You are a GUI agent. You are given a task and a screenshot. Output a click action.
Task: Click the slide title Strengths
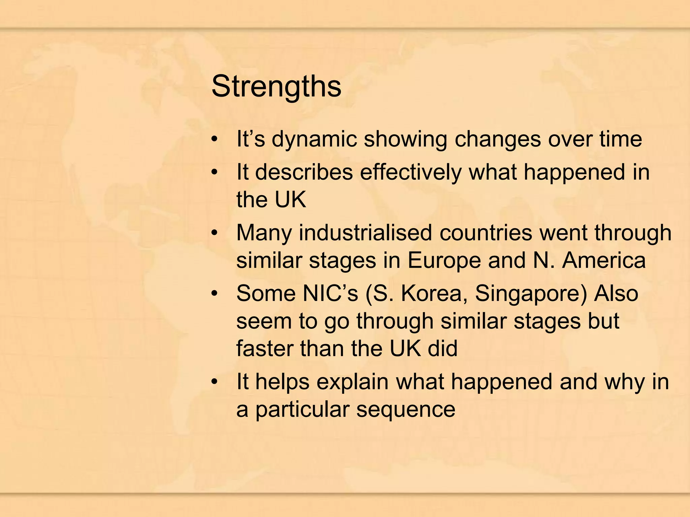pos(276,87)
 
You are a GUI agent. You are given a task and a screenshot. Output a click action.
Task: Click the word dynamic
pos(314,139)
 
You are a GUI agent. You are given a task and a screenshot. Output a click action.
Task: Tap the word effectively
pos(411,172)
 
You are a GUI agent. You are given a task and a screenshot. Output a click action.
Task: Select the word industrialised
pos(365,233)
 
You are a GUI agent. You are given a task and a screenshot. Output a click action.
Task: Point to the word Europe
pos(444,260)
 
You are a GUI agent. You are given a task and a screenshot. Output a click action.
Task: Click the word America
pos(604,260)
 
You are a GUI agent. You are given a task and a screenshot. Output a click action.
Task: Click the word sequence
pos(406,410)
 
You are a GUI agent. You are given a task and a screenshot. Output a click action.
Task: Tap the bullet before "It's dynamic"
pos(215,139)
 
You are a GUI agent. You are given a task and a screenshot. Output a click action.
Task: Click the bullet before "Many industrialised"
pos(215,233)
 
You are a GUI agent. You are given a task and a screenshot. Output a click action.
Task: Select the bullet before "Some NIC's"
pos(215,294)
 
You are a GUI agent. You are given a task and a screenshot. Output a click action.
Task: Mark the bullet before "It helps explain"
pos(215,382)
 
